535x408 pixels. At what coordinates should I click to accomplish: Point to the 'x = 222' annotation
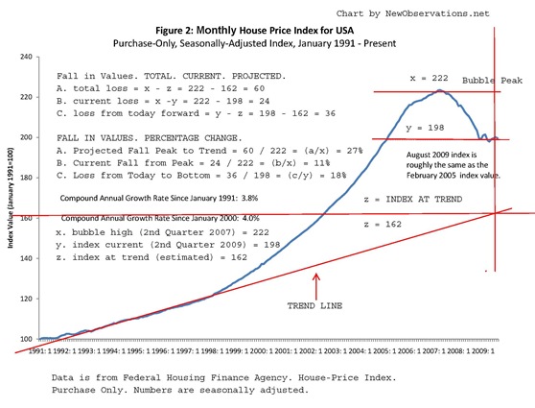[399, 76]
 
